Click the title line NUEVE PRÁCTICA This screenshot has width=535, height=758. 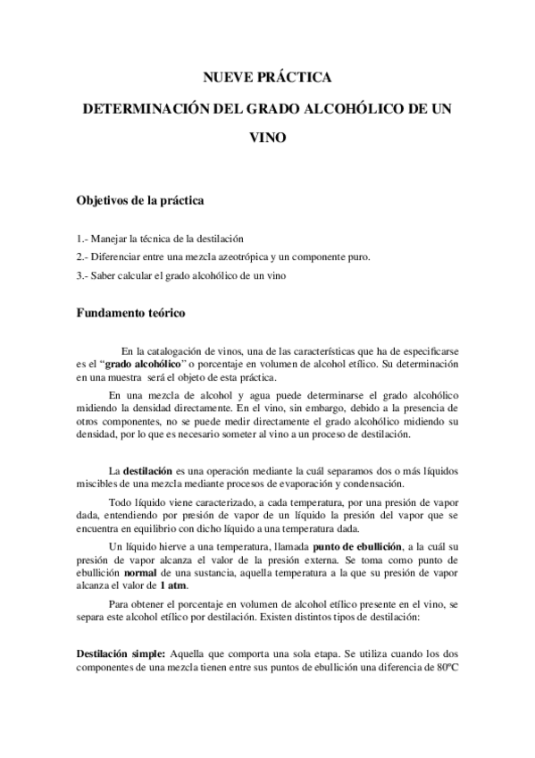(267, 78)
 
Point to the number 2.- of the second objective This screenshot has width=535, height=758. (83, 257)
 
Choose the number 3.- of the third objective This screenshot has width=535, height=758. (83, 275)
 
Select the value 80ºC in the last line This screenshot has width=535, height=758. (443, 668)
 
